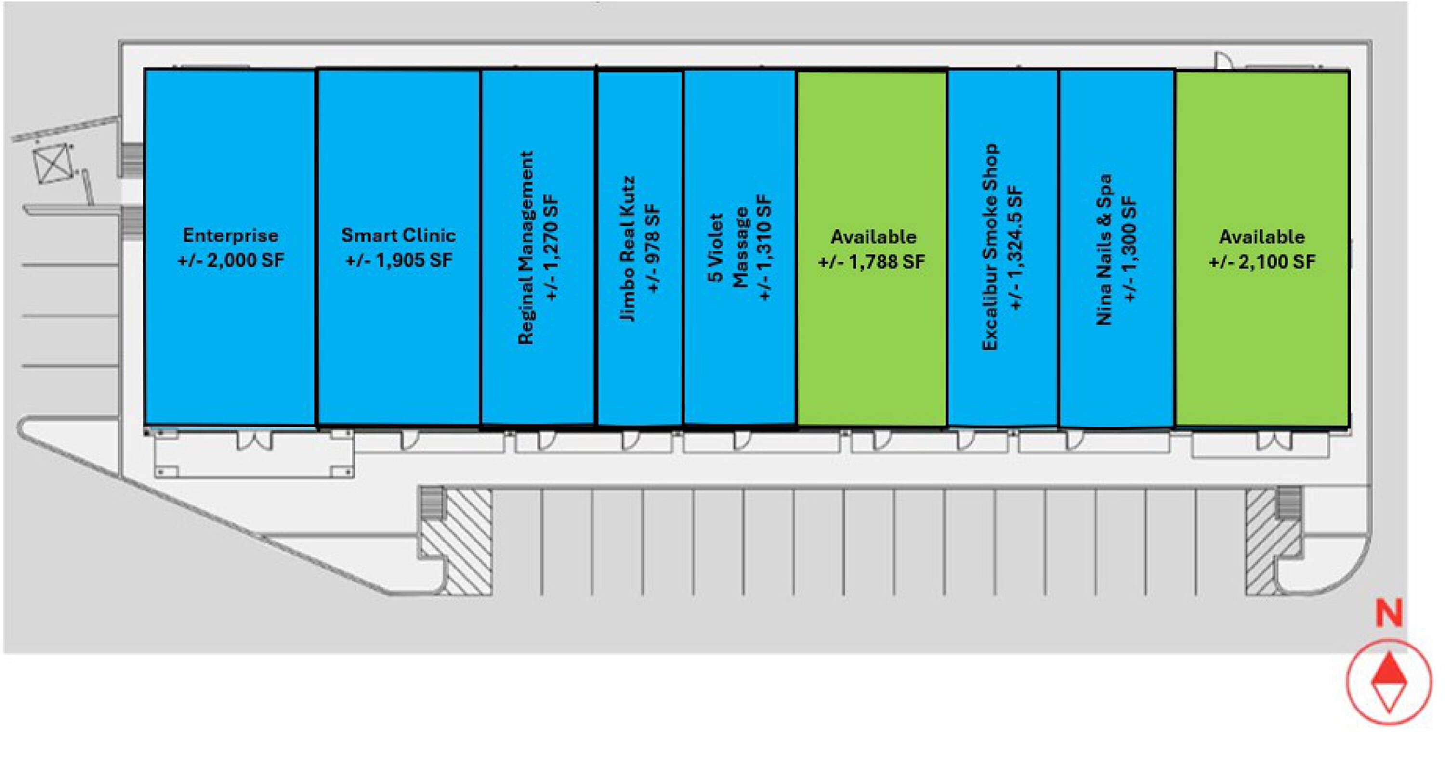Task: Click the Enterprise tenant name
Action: (231, 235)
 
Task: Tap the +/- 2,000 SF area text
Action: (231, 261)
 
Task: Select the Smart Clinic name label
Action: (398, 235)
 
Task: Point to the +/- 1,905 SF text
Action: (398, 261)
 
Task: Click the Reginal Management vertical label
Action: (525, 247)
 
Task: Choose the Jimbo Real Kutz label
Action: (628, 249)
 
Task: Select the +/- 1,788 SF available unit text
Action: (872, 262)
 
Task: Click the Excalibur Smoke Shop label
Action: (990, 247)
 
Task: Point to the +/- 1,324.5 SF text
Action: (1016, 247)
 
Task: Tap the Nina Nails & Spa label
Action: (1104, 249)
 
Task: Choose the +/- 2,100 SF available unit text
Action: (1262, 262)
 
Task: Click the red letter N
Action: (1389, 614)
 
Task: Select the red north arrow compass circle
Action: (1389, 682)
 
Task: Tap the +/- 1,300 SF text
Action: (1130, 249)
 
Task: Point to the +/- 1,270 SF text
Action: (552, 247)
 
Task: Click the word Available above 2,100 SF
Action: (1262, 236)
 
